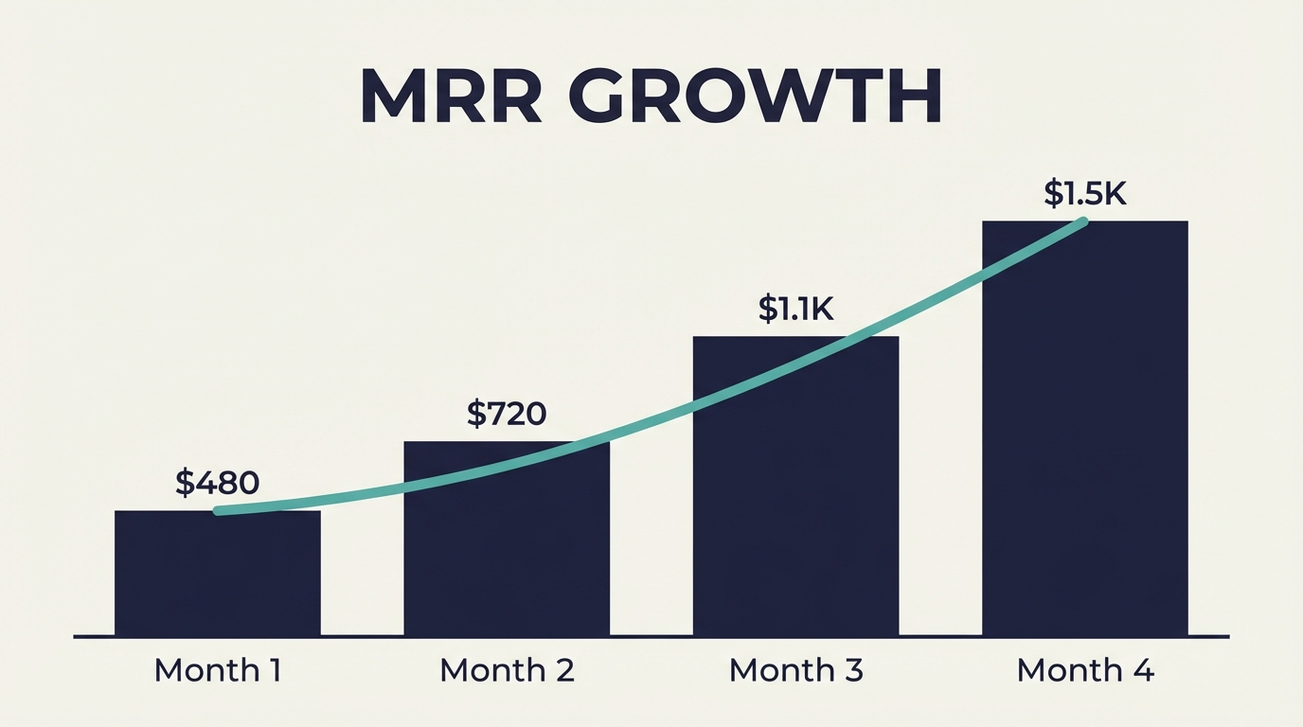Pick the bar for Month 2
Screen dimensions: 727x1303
(x=507, y=549)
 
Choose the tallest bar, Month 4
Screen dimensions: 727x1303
(x=1084, y=435)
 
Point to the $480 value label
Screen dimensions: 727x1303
(x=217, y=483)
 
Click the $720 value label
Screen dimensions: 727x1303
(x=507, y=414)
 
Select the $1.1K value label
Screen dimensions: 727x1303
(x=795, y=309)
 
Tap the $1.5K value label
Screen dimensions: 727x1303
(x=1084, y=193)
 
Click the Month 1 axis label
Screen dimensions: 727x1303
(x=217, y=670)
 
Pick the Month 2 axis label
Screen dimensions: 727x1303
(x=507, y=670)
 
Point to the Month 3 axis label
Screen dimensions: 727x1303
(x=795, y=670)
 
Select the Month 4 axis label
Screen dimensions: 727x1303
(x=1085, y=670)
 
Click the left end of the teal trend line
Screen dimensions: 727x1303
(x=219, y=511)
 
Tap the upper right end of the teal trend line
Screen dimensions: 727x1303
(x=1082, y=222)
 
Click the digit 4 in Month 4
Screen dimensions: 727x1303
(x=1143, y=670)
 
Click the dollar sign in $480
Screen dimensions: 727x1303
(x=185, y=483)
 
